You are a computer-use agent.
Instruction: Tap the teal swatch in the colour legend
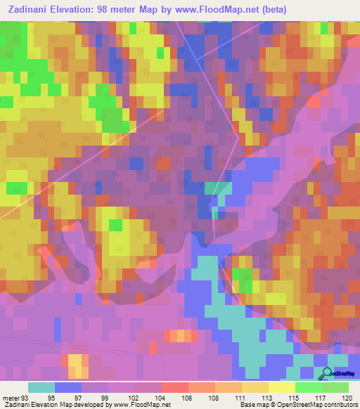coord(41,387)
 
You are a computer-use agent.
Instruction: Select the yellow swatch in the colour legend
coord(281,387)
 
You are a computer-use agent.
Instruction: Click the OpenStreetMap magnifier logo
coord(327,373)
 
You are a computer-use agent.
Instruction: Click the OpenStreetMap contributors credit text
coord(309,405)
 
